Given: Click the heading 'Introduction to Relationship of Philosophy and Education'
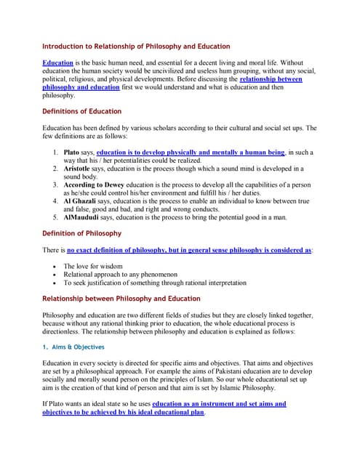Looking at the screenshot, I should [x=136, y=46].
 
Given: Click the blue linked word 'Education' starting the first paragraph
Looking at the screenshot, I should [x=58, y=63].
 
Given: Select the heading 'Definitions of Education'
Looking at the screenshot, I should [x=82, y=111].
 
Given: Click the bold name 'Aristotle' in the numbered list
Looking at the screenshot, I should [x=81, y=169].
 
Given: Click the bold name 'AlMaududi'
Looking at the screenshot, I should [x=84, y=217].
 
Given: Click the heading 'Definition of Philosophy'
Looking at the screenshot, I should [x=82, y=233].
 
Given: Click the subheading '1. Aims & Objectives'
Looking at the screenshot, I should [x=73, y=347].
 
